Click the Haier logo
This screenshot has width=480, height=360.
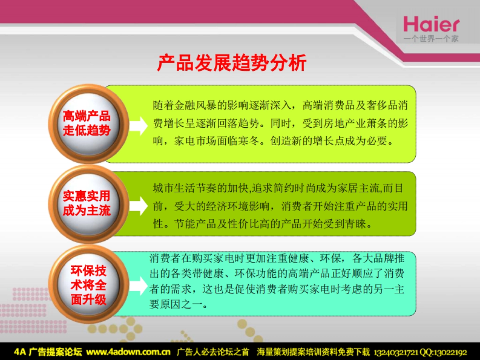[x=431, y=24]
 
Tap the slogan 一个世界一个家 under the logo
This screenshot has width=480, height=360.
[x=431, y=39]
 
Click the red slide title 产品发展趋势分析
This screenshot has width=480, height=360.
[x=232, y=63]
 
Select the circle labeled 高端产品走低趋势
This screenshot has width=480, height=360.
[x=87, y=124]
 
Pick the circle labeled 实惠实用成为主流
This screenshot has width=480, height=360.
[x=87, y=204]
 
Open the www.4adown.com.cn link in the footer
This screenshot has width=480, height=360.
[x=129, y=352]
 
